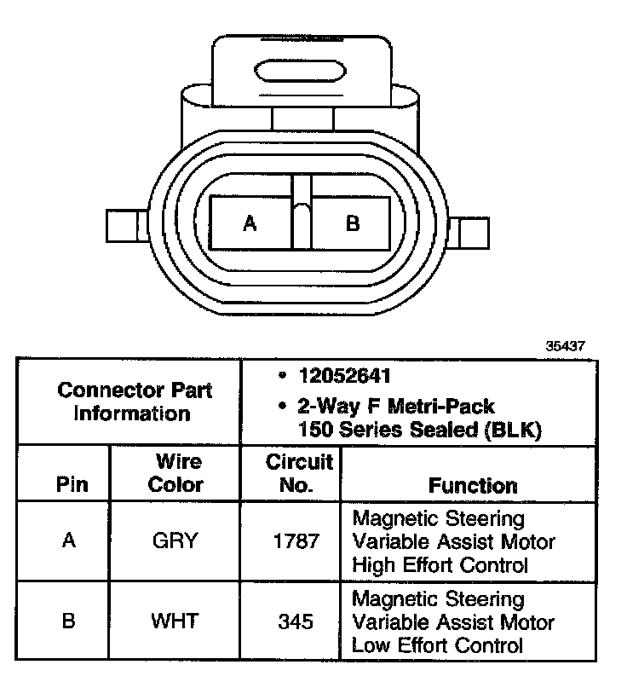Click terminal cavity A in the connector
(x=250, y=223)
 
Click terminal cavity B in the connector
(x=352, y=223)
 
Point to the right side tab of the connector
(x=472, y=232)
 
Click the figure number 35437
(x=567, y=347)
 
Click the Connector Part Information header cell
(x=135, y=402)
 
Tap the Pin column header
(x=72, y=486)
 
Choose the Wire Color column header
(x=176, y=474)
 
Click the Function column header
(x=473, y=486)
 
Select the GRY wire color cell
(x=175, y=541)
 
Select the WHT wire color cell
(x=175, y=621)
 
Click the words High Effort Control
(x=440, y=564)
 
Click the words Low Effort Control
(x=438, y=644)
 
